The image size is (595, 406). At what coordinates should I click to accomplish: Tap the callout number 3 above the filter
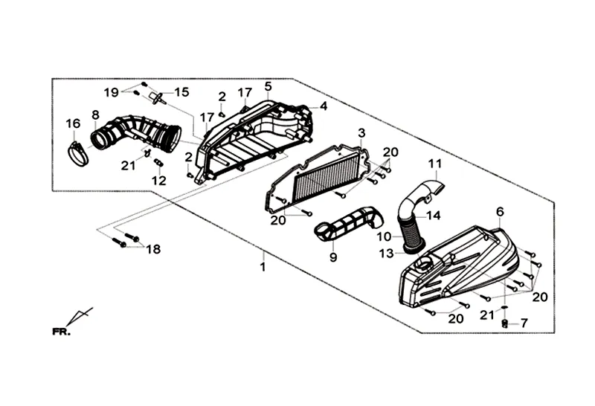[x=361, y=132]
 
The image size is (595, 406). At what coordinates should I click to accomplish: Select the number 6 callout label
[x=499, y=211]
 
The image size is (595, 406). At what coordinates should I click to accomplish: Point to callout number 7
[x=524, y=323]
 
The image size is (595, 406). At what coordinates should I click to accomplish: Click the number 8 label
[x=95, y=115]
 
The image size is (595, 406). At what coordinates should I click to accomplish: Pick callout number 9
[x=333, y=257]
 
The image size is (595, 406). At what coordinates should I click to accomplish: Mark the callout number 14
[x=434, y=216]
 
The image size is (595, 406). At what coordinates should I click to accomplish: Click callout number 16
[x=72, y=123]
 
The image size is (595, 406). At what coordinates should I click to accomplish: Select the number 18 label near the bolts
[x=152, y=249]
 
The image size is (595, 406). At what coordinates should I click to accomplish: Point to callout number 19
[x=111, y=93]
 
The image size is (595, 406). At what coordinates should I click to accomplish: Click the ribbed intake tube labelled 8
[x=138, y=134]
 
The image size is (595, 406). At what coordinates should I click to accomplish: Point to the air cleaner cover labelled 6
[x=461, y=264]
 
